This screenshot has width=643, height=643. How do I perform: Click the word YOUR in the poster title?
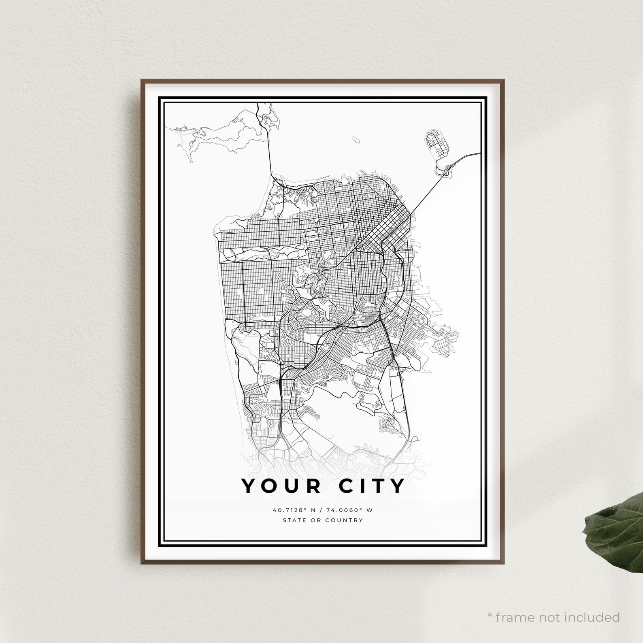282,486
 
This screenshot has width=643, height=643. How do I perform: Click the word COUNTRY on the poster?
346,520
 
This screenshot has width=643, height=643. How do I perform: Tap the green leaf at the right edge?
615,523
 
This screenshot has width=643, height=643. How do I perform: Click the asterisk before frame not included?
490,605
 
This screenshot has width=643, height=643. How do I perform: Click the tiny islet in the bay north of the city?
356,140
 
